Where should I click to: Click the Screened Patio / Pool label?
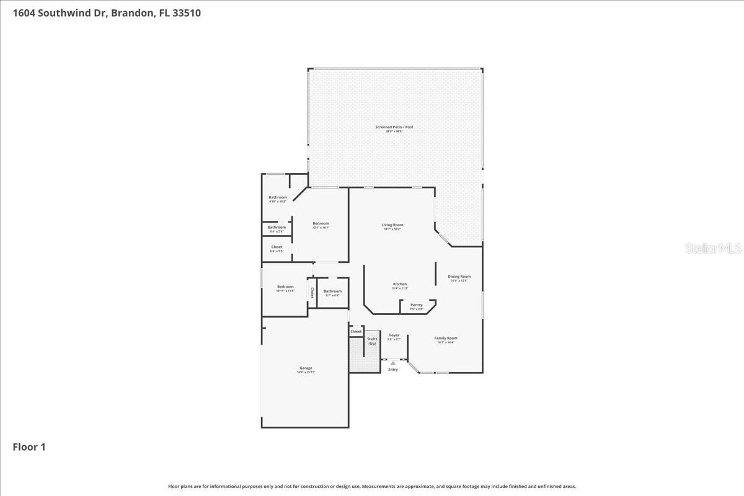coord(394,127)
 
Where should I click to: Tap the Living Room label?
coord(392,225)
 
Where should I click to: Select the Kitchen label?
coord(399,284)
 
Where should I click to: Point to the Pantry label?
coord(416,304)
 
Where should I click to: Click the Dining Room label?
coord(459,277)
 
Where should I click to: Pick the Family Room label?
coord(446,338)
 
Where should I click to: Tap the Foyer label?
coord(394,335)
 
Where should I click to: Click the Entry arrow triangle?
coord(393,363)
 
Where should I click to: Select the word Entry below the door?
coord(393,370)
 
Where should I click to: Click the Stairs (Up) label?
coord(372,341)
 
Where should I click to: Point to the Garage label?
coord(306,368)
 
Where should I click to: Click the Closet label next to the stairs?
coord(356,332)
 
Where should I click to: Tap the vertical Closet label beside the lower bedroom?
coord(312,293)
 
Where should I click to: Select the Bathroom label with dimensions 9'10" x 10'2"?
coord(278,197)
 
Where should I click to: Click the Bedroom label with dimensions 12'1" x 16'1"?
coord(321,223)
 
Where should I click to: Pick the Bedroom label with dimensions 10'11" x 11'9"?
coord(285,286)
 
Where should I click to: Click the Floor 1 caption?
coord(29,446)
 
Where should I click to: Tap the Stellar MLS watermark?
coord(713,249)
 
